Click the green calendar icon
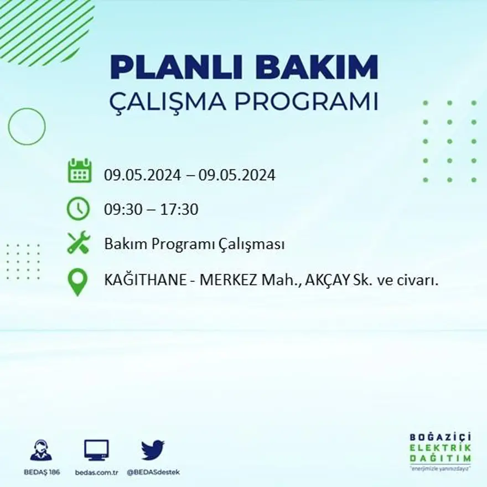pos(79,171)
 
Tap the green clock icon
pos(78,209)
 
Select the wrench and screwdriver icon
pos(78,243)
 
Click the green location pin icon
pos(78,281)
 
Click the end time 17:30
pos(179,210)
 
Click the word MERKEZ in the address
pos(228,281)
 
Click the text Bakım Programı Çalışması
pos(194,244)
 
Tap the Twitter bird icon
pos(153,450)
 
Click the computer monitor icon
pos(96,450)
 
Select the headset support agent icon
pos(41,450)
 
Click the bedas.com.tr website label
pos(96,472)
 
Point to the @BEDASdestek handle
pos(153,472)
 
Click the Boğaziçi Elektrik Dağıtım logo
pos(441,449)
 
